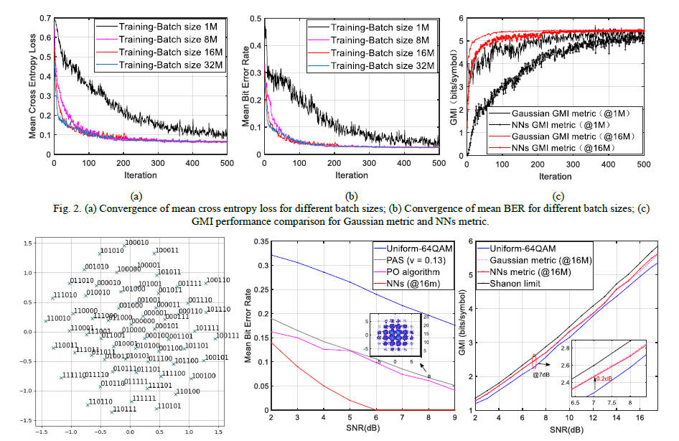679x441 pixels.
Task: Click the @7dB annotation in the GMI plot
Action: tap(542, 373)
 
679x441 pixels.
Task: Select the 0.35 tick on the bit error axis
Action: tap(262, 243)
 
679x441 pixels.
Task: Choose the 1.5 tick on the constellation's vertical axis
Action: tap(27, 243)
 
